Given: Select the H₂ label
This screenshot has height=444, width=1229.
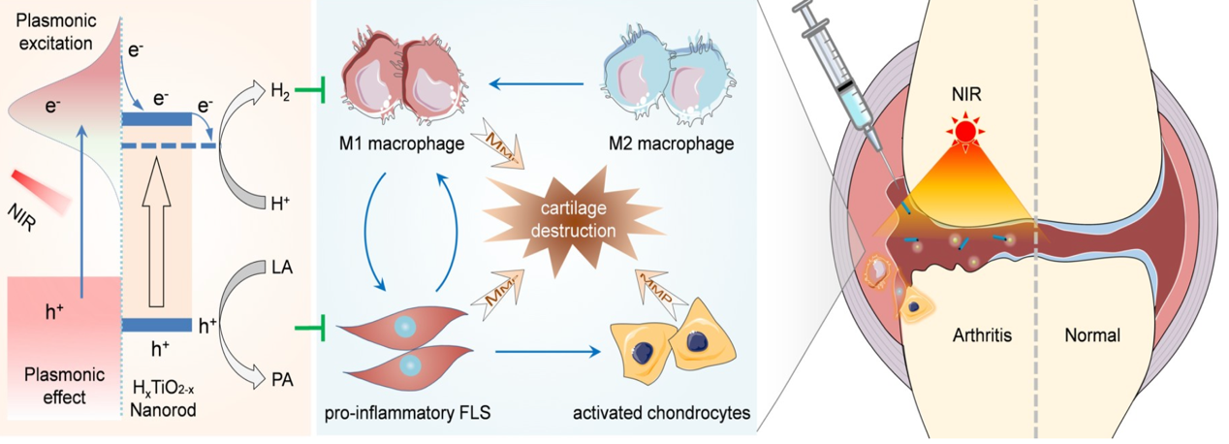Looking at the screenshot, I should tap(279, 92).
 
